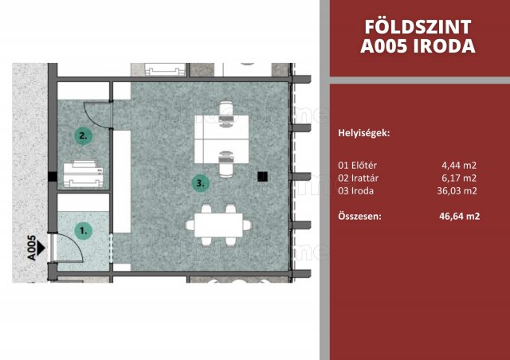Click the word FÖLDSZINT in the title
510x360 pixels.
tap(418, 27)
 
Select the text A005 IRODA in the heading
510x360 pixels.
tap(418, 46)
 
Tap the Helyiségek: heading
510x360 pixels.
tap(364, 133)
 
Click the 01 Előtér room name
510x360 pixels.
tap(358, 165)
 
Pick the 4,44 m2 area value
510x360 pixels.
tap(459, 165)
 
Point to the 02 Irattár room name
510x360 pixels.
tap(358, 178)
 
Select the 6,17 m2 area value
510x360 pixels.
tap(459, 178)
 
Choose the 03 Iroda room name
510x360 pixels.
tap(356, 191)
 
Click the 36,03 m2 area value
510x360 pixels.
tap(457, 191)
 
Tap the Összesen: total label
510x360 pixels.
tap(359, 217)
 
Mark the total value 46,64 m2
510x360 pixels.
tap(459, 217)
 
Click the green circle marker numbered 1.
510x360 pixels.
tap(83, 231)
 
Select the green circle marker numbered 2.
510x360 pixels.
tap(83, 135)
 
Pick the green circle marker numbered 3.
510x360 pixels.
tap(200, 183)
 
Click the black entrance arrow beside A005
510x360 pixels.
tap(41, 248)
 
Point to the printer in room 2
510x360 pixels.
tap(83, 174)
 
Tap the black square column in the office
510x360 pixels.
tap(262, 177)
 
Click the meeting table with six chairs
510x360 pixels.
tap(218, 225)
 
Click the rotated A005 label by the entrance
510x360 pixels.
tap(31, 248)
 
